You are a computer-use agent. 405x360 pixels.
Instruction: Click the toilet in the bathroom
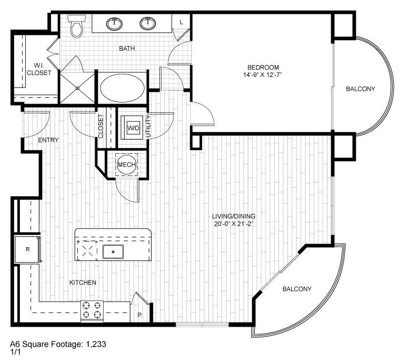tap(77, 26)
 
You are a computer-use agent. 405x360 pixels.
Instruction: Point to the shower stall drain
tap(77, 88)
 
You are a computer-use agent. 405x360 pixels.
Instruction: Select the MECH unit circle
tap(126, 165)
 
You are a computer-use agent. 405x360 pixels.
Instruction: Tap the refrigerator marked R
tap(27, 249)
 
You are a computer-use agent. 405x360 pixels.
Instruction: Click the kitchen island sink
tap(113, 251)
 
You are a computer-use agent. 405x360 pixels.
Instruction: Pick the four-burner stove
tap(92, 311)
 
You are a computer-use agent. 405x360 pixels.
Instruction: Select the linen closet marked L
tap(181, 22)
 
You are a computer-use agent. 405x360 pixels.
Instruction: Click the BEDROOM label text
tap(263, 67)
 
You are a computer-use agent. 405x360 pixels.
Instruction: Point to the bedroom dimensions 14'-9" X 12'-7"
tap(263, 75)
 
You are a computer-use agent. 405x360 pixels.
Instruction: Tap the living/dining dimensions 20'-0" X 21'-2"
tap(235, 224)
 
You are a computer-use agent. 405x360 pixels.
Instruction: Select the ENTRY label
tap(48, 140)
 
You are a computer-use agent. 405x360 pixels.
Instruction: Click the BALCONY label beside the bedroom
tap(360, 89)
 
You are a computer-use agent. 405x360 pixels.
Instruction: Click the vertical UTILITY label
tap(148, 126)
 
